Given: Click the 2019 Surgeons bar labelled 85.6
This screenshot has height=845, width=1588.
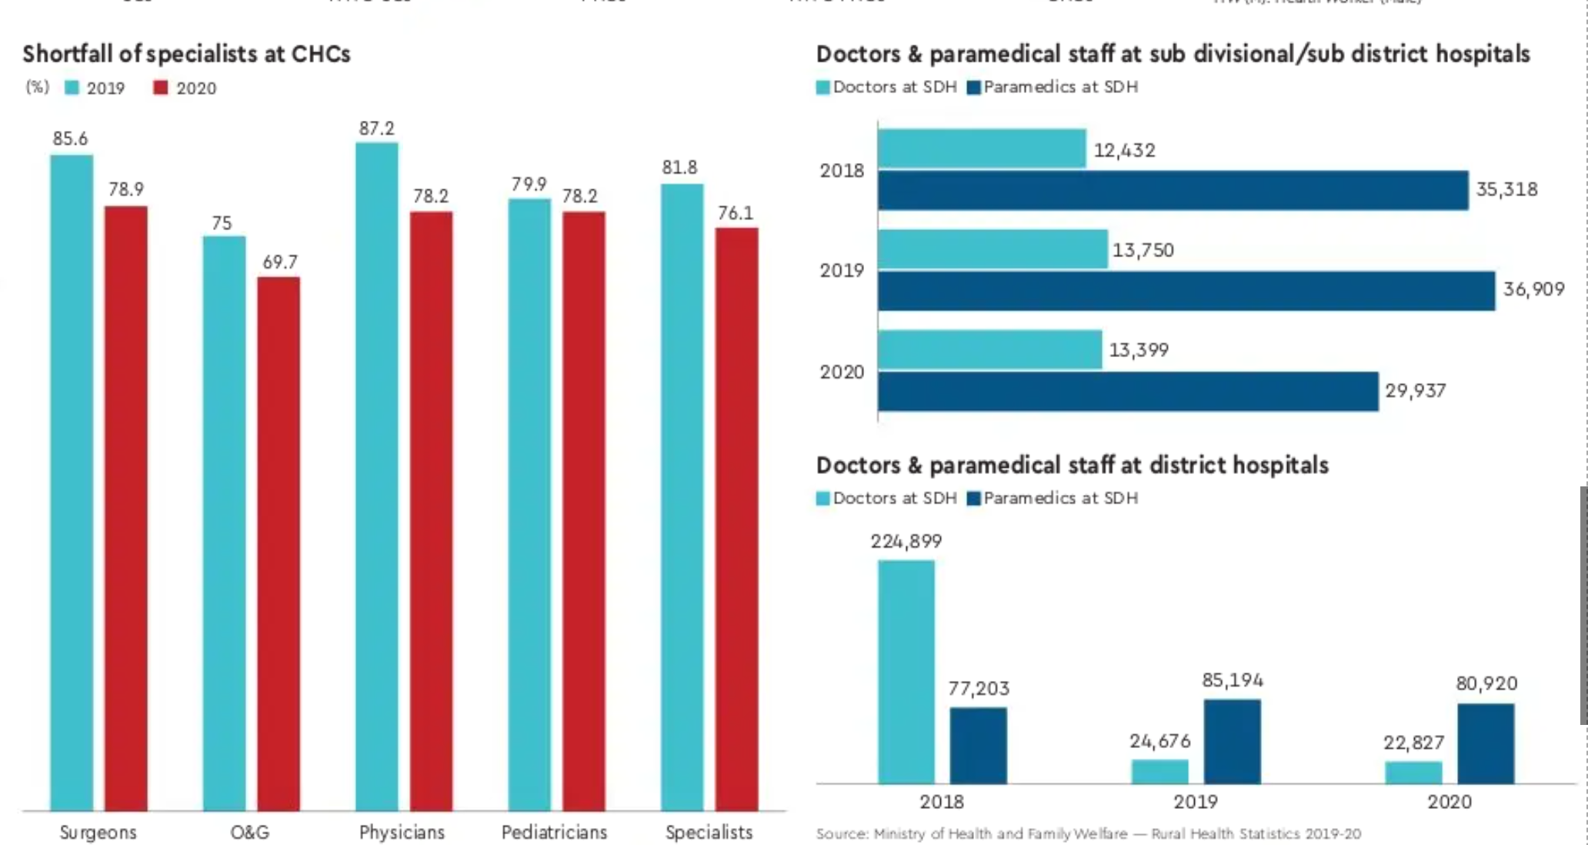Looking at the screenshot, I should click(x=72, y=482).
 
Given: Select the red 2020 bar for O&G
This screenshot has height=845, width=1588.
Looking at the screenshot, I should click(x=279, y=543).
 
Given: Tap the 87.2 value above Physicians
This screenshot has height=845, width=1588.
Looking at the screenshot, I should click(x=376, y=129).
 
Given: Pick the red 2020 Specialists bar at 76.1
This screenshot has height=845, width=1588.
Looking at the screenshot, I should click(x=736, y=519).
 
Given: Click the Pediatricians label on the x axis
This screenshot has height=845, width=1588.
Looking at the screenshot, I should click(x=554, y=832).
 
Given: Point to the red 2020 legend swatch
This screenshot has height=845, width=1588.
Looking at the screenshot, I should click(x=160, y=88).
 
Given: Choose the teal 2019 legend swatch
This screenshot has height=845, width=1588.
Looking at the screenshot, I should click(x=72, y=88).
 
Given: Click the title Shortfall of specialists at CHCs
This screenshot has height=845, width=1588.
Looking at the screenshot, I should click(x=186, y=54).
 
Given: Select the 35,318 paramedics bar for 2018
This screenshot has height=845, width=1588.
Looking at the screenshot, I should click(x=1173, y=190).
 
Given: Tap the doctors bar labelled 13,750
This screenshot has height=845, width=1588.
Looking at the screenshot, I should click(x=992, y=249).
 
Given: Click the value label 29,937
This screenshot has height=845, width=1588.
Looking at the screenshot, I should click(x=1416, y=391).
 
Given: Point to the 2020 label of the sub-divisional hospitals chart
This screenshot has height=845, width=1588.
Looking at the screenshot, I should click(x=842, y=372).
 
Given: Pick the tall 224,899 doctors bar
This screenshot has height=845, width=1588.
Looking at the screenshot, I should click(x=906, y=672).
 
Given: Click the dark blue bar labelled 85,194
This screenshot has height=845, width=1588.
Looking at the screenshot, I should click(x=1232, y=741).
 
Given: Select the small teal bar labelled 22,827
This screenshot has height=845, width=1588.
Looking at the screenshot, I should click(x=1413, y=772).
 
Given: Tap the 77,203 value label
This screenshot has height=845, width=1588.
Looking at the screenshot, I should click(x=979, y=688).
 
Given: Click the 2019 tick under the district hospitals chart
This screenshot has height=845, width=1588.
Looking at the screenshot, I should click(x=1195, y=802).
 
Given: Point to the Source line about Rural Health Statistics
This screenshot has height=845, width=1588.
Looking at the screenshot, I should click(x=1088, y=833).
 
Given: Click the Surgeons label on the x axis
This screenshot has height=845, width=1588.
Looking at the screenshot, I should click(x=98, y=832).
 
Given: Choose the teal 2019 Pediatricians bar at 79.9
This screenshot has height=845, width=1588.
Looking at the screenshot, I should click(x=529, y=504).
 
